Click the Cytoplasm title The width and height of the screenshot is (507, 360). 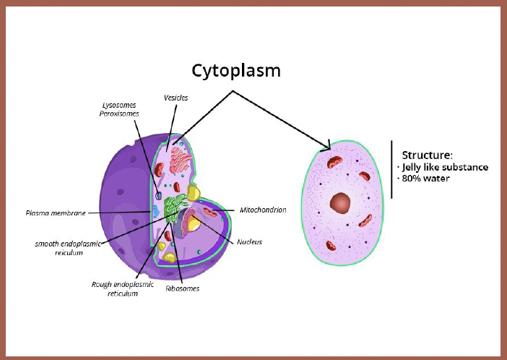coord(235,70)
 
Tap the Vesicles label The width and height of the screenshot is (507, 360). coord(175,97)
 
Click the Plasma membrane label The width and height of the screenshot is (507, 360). coord(56,213)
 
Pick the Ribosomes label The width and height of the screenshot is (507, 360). coord(183,288)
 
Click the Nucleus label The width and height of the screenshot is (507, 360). coord(249,241)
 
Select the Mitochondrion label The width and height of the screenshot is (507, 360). coord(262,210)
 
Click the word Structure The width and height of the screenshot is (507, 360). coord(428,155)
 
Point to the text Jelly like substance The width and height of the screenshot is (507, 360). coord(445,167)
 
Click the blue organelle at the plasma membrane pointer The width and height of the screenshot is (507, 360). coord(155,212)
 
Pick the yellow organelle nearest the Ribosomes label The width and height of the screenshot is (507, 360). coord(169,256)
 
